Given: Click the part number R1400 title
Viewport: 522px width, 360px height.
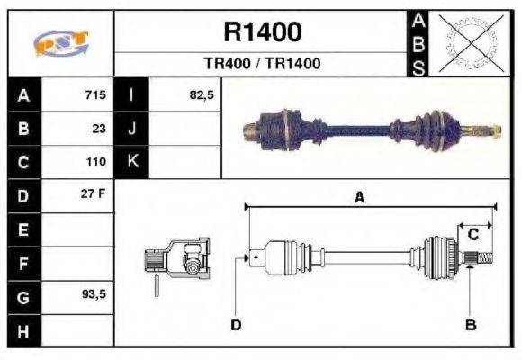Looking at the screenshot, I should point(262,33).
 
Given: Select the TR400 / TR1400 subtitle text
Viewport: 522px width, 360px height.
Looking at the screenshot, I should point(262,64).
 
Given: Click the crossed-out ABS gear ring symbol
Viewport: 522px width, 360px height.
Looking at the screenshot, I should point(467,42).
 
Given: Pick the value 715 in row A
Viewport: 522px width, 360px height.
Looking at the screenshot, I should point(95,94).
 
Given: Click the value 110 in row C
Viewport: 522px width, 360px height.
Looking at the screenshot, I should point(95,162).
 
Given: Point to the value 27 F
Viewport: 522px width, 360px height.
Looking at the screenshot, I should point(94,194).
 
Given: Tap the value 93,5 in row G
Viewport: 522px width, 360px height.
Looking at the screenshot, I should point(94,294).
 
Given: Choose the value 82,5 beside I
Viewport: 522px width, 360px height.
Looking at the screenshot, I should point(202,94).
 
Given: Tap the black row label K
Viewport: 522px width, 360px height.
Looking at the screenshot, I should point(131,161).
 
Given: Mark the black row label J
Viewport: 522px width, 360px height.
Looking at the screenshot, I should point(131,128).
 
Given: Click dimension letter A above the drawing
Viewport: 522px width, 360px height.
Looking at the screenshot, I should point(359,199).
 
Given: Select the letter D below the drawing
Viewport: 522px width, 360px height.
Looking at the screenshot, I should point(236,324).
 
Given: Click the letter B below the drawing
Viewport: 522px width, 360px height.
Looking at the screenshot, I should point(470,324).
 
